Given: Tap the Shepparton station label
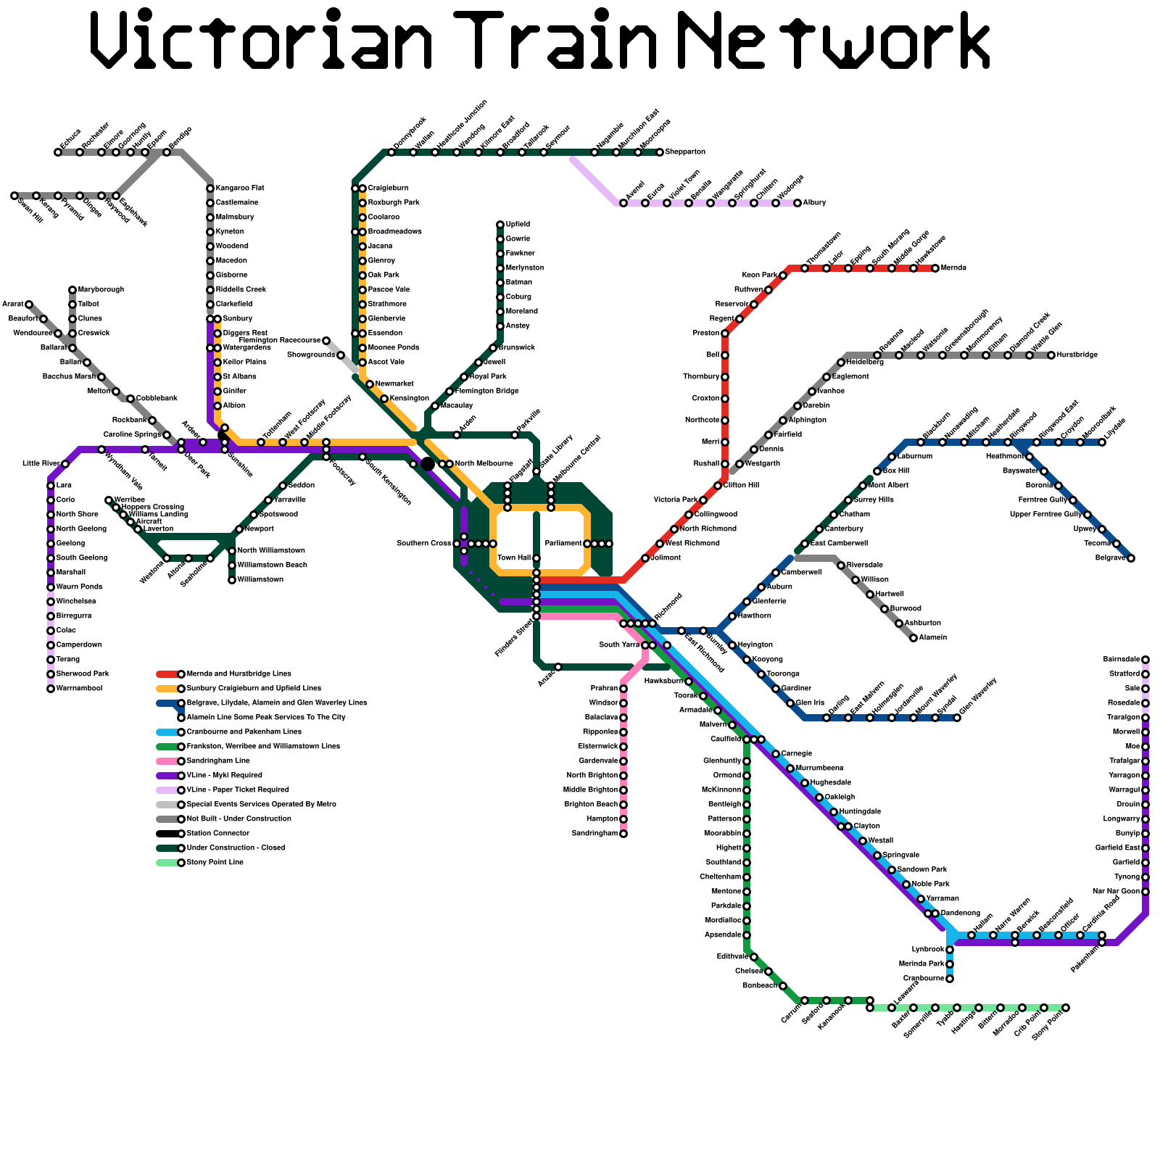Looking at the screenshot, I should pos(685,152).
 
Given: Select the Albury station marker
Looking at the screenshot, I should pos(797,203).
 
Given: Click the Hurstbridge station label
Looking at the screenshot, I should pos(1077,355).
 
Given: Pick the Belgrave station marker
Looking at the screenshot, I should pos(1131,558).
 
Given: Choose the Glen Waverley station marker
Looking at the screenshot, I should pos(957,718).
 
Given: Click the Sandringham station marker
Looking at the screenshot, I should pos(623,834).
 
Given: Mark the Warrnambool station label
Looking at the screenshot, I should pos(79,689).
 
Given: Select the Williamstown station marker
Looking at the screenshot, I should pos(232,580).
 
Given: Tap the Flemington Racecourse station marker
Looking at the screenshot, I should pos(326,341).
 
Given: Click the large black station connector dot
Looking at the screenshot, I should pos(428,464).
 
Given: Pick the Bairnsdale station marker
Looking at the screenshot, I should pos(1145,660).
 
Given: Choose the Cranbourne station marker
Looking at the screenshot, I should pos(950,979).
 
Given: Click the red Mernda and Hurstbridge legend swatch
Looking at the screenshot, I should pos(167,674).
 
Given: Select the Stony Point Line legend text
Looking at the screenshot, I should pos(215,863).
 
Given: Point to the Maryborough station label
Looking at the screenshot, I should pos(101,290).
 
